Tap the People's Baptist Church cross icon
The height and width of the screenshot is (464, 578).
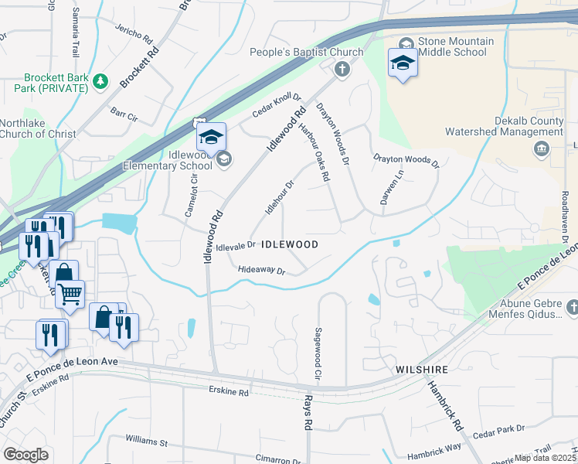(342, 70)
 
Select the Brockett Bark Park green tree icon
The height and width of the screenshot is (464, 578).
(100, 80)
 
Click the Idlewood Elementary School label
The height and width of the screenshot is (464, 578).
(168, 160)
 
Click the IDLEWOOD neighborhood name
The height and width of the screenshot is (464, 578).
(290, 244)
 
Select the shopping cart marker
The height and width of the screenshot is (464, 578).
(70, 294)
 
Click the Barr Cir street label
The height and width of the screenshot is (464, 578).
(124, 116)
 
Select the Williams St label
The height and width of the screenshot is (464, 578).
(147, 442)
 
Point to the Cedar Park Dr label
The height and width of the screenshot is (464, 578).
(498, 428)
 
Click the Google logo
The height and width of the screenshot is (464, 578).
(25, 455)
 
